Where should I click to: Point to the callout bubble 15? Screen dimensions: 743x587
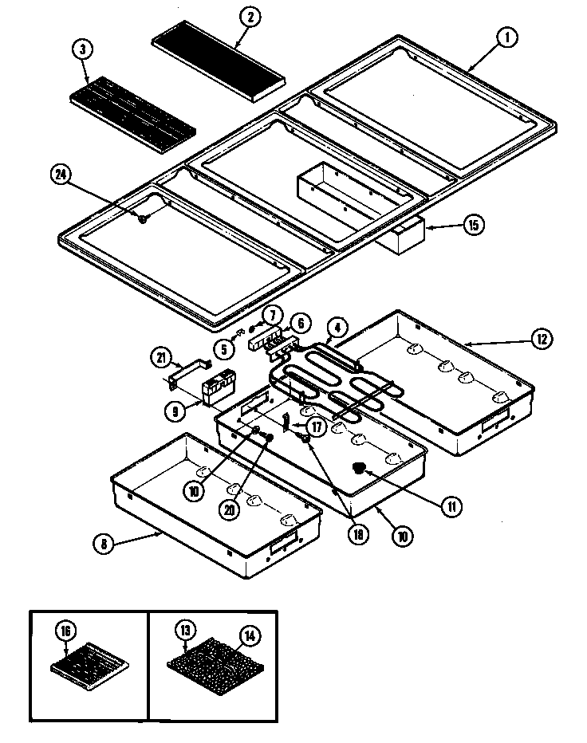pyautogui.click(x=472, y=225)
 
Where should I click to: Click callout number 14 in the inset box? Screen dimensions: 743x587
pyautogui.click(x=250, y=635)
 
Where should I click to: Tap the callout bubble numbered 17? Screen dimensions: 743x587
pyautogui.click(x=317, y=427)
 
